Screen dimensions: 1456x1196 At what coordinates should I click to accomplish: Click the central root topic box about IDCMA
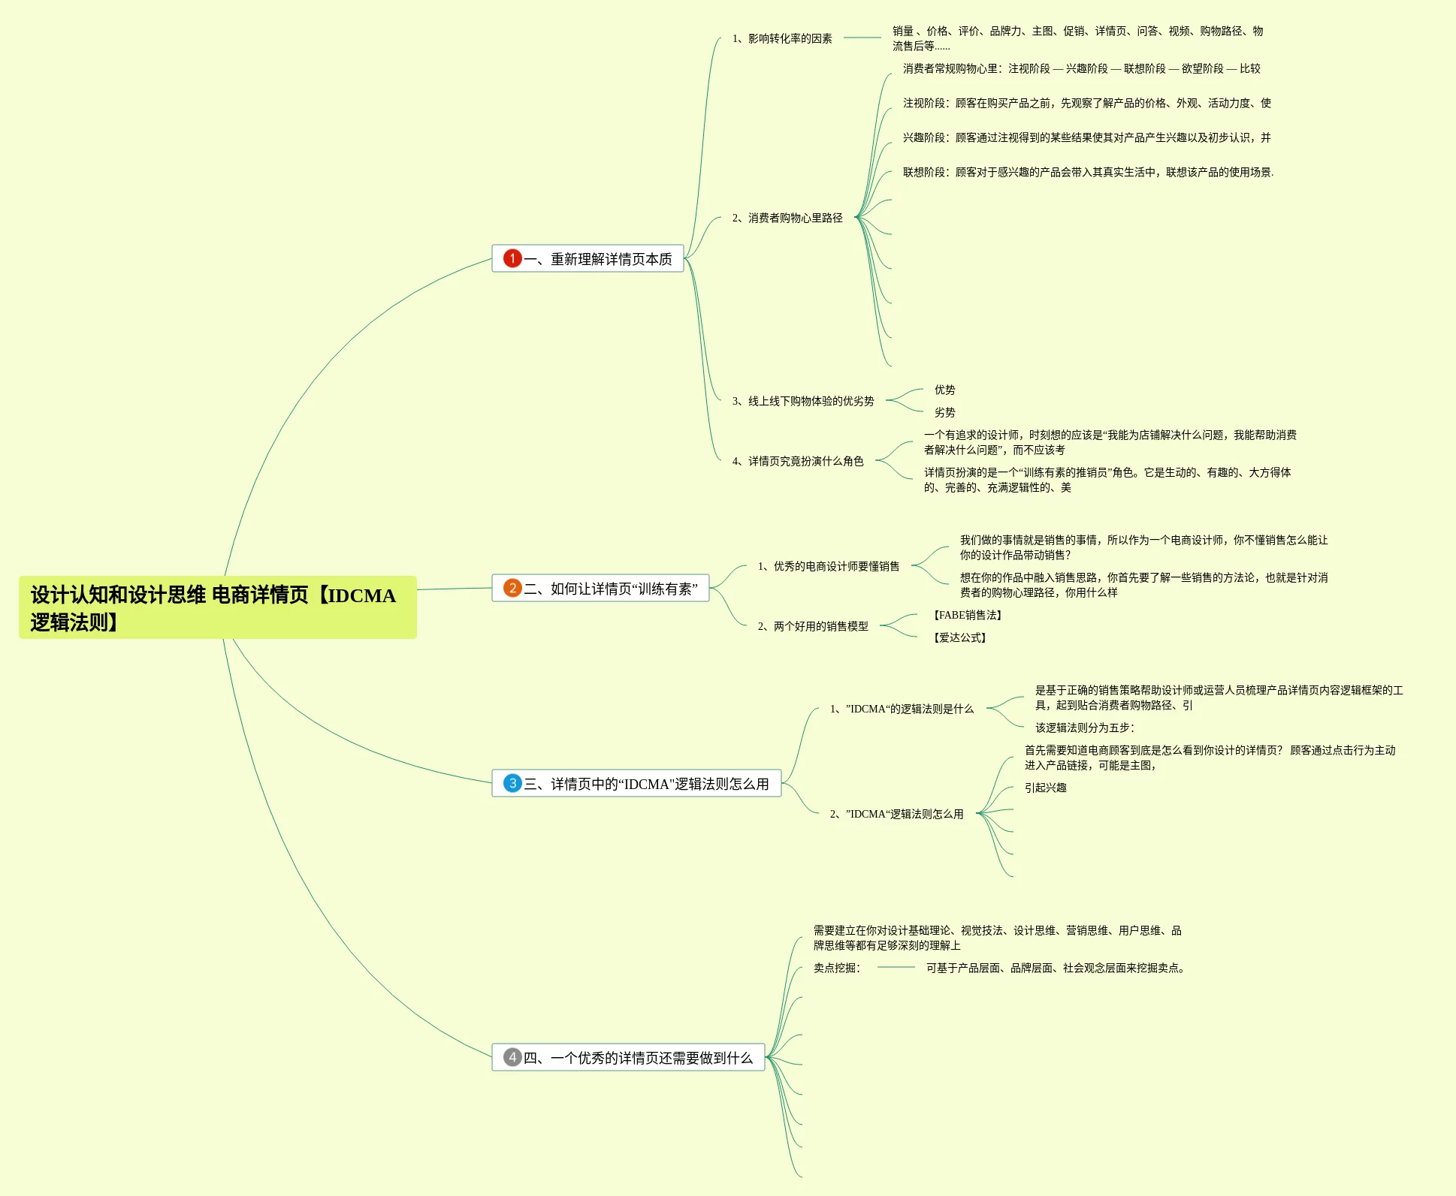point(217,607)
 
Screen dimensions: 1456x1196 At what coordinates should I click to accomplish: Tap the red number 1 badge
point(512,258)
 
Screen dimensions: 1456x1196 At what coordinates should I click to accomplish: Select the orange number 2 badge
point(512,588)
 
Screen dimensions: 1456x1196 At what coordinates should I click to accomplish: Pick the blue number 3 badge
point(512,783)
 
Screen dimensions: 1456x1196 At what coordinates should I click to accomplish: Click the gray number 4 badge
point(512,1057)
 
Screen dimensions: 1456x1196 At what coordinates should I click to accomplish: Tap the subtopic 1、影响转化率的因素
point(782,38)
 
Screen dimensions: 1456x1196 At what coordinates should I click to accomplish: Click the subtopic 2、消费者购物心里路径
point(787,218)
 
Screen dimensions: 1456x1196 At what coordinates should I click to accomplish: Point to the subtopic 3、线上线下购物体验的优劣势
point(803,401)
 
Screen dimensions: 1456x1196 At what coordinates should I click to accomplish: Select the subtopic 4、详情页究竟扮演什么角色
point(798,461)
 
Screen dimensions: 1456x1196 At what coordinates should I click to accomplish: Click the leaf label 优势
point(944,390)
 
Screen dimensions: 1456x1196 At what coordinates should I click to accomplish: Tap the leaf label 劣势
point(944,412)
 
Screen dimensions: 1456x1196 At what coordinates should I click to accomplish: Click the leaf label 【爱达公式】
point(959,637)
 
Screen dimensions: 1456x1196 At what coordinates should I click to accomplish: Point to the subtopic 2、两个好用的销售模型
point(813,626)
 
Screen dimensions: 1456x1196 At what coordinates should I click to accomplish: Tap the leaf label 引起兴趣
point(1045,788)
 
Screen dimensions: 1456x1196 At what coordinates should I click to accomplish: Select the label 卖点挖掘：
point(837,968)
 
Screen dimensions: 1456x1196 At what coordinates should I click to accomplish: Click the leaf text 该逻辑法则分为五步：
point(1084,728)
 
